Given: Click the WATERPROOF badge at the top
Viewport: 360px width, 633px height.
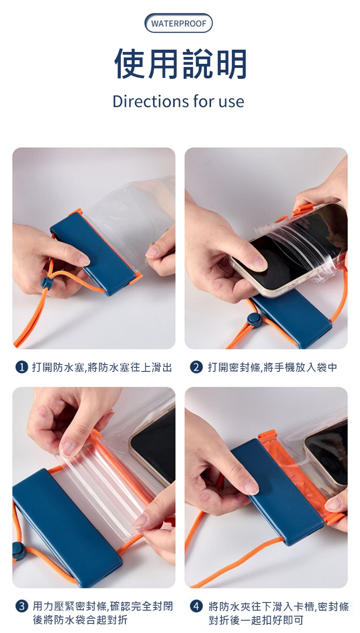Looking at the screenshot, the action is (178, 23).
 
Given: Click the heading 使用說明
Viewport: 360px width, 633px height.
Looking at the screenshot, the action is (180, 64).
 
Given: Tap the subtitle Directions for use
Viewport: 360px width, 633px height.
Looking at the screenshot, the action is (178, 101).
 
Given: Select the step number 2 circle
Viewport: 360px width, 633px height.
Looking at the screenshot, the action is (196, 367).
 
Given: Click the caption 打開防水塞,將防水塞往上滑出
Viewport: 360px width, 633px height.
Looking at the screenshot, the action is (102, 367).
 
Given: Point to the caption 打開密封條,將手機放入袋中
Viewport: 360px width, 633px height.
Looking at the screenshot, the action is (273, 367).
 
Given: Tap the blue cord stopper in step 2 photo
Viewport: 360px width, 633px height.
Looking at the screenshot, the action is (253, 320).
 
